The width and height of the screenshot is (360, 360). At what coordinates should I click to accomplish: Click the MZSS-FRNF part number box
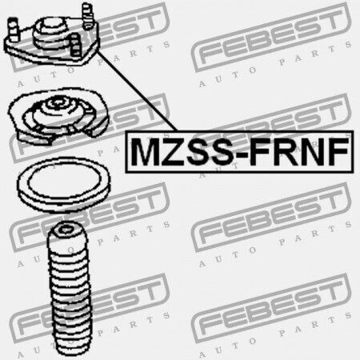[239, 152]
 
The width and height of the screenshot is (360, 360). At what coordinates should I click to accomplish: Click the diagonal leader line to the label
[137, 91]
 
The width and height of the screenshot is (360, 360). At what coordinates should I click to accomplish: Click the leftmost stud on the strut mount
[13, 29]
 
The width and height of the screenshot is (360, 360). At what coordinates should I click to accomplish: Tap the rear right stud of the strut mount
[87, 15]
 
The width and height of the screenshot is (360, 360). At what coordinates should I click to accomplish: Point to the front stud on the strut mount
[75, 45]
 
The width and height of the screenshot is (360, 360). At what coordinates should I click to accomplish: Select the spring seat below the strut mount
[58, 116]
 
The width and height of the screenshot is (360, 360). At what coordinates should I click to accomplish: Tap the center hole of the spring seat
[58, 102]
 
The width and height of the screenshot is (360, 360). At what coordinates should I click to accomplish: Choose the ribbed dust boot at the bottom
[70, 290]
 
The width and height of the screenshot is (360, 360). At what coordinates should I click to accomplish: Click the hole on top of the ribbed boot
[65, 230]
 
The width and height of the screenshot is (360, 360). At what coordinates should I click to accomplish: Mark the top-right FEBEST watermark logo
[270, 38]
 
